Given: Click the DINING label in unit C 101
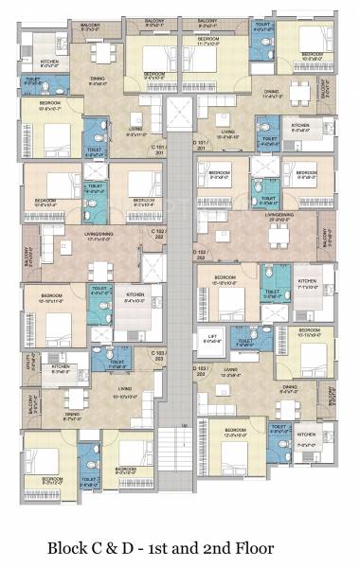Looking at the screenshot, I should click(98, 80).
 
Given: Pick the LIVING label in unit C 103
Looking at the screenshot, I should click(99, 387).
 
